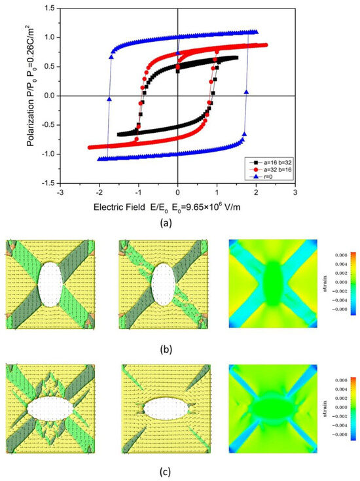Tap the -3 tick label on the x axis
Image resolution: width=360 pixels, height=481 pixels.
point(60,193)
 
